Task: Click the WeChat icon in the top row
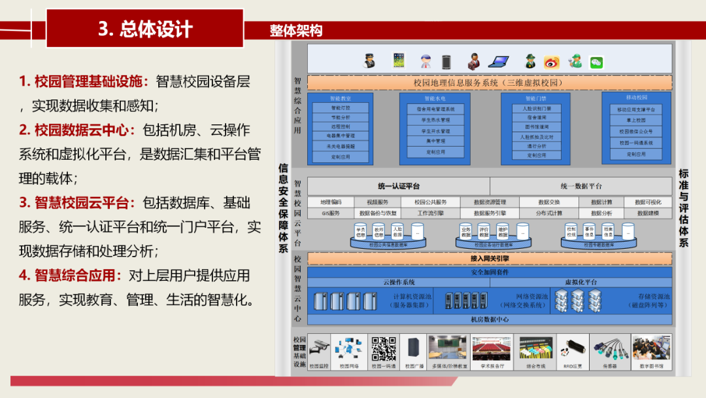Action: [596, 62]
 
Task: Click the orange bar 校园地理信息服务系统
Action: [489, 83]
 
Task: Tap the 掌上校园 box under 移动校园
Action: [635, 120]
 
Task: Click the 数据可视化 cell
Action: [648, 202]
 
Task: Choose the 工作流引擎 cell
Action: [430, 213]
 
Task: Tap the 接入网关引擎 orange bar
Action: [489, 259]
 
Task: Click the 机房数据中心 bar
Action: [489, 319]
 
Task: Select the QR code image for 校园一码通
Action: [384, 349]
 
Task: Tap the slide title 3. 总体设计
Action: [145, 29]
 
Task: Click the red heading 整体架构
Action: [296, 31]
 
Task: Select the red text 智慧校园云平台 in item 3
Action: [85, 203]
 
